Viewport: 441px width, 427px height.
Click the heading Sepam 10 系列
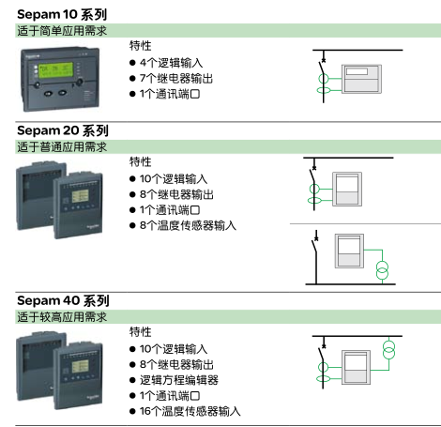click(x=62, y=14)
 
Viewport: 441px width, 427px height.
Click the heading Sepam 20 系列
click(x=63, y=130)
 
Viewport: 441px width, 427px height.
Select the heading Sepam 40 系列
click(x=63, y=300)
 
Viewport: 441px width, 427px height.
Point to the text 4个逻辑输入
click(x=171, y=63)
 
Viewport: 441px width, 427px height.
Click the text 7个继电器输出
click(x=176, y=78)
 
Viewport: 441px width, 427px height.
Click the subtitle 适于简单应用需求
click(x=62, y=31)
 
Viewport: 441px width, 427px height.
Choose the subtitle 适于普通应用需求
click(x=62, y=147)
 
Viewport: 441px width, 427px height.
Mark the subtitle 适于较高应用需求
click(x=62, y=317)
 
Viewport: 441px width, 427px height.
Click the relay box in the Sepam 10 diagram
click(x=361, y=79)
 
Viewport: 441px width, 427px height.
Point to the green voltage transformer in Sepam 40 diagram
click(x=388, y=350)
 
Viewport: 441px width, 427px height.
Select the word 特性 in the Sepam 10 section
click(x=141, y=46)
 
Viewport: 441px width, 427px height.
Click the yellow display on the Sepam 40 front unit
click(x=81, y=366)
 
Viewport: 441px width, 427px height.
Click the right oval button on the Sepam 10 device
click(x=63, y=93)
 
